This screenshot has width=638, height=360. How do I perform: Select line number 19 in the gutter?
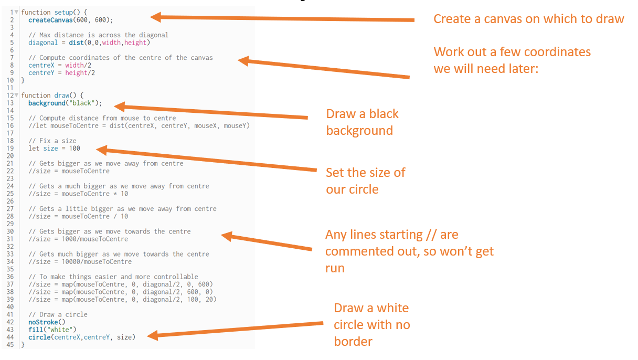[x=10, y=149]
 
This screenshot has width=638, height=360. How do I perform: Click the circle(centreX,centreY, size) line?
[x=81, y=337]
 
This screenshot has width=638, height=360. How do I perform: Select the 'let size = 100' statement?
[x=55, y=149]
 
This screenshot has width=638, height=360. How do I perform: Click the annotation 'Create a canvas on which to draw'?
[x=528, y=19]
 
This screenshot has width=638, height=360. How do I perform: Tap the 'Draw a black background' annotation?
[x=362, y=122]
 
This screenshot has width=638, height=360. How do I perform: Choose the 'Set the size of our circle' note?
[x=365, y=181]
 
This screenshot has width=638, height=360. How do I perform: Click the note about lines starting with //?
[x=409, y=251]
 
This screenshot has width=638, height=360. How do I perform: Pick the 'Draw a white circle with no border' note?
[x=371, y=324]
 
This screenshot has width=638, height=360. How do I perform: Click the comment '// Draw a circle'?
[x=58, y=314]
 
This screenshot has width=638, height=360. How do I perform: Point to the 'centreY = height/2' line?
[x=61, y=73]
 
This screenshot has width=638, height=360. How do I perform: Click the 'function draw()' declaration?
[x=52, y=96]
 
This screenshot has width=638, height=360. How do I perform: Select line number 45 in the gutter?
[x=10, y=345]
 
